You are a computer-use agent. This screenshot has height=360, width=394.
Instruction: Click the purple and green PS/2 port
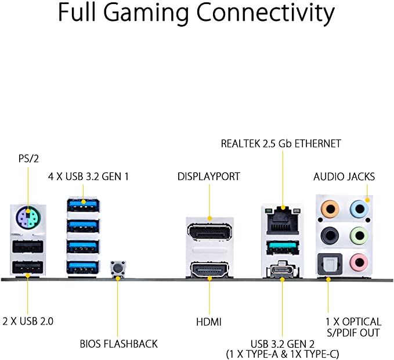click(x=28, y=216)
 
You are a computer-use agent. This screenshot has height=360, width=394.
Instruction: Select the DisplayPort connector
click(x=209, y=232)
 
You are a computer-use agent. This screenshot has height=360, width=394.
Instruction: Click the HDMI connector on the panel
click(x=209, y=270)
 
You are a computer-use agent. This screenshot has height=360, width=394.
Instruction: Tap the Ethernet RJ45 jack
click(x=283, y=221)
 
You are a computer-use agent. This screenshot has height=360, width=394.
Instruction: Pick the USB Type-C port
click(x=283, y=271)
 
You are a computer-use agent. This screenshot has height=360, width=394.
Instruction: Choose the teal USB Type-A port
click(x=283, y=247)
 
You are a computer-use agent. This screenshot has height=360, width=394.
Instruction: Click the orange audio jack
click(x=330, y=208)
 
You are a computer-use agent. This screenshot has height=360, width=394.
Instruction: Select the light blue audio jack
click(x=359, y=208)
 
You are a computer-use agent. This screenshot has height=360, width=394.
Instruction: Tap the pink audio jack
click(x=359, y=262)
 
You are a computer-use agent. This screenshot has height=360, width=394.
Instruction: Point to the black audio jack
click(x=330, y=236)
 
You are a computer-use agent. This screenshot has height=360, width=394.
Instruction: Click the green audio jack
click(x=359, y=236)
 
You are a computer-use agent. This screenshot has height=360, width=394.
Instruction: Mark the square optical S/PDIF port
click(x=330, y=264)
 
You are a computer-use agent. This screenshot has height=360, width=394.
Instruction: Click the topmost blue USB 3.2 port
click(x=82, y=205)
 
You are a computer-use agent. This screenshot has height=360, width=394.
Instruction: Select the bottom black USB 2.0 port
click(x=28, y=268)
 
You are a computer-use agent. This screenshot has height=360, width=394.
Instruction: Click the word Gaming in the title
click(x=146, y=13)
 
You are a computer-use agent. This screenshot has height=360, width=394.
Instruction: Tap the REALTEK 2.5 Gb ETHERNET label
click(x=281, y=143)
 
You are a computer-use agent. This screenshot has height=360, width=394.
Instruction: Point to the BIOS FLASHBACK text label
click(x=118, y=344)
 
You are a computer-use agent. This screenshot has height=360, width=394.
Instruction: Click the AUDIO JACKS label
click(x=344, y=177)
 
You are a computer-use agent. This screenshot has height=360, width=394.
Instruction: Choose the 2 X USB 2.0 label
click(x=28, y=321)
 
